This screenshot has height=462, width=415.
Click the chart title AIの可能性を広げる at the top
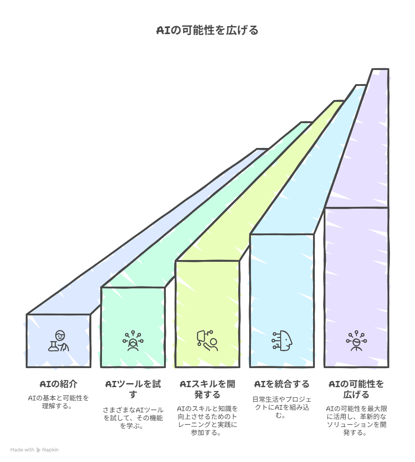207,31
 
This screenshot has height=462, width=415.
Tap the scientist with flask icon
59,341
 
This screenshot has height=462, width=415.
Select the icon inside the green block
133,341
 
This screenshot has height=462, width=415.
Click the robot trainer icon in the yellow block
207,341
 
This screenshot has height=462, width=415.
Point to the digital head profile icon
282,341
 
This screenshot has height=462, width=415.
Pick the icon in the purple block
356,341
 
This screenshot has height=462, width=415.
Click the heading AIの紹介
59,384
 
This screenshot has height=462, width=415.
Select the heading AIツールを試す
133,389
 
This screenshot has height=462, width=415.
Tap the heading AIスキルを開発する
207,389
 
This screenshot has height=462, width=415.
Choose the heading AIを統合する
282,384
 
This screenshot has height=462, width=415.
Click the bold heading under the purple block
356,389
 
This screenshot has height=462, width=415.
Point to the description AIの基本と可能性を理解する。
59,402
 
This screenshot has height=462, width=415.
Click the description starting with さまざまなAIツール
133,418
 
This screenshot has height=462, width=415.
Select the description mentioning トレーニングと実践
207,420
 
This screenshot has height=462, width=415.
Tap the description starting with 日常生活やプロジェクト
282,407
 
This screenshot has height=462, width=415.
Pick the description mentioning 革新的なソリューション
356,420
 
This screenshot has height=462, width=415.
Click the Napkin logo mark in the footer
38,450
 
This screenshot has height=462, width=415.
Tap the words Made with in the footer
22,450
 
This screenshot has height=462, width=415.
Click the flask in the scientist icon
53,346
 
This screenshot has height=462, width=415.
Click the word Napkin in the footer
50,450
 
